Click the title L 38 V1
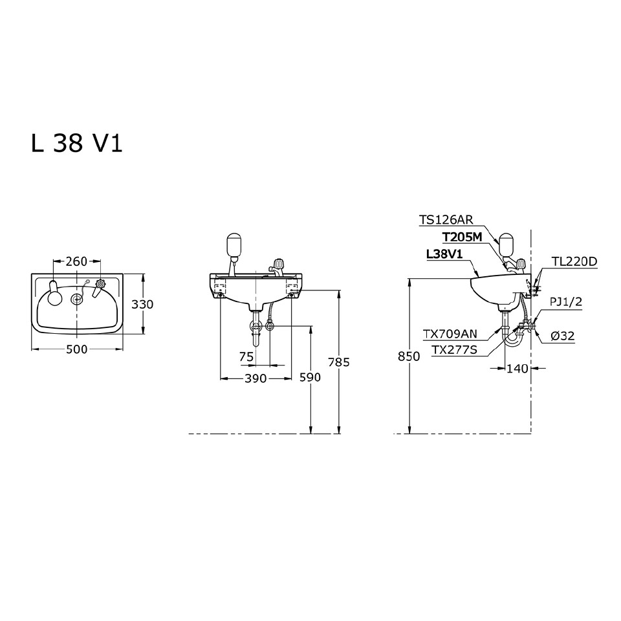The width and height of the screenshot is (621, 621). [76, 144]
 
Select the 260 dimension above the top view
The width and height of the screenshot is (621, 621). [76, 261]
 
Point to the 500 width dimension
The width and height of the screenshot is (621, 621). [76, 349]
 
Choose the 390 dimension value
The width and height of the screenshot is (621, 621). [256, 378]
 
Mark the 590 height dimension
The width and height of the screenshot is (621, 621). [311, 378]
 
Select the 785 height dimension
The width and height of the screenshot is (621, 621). [338, 362]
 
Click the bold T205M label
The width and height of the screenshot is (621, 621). [462, 237]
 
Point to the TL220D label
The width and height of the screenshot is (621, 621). [574, 261]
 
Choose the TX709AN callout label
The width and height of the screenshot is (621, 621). [450, 334]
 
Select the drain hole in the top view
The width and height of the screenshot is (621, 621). [77, 298]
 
